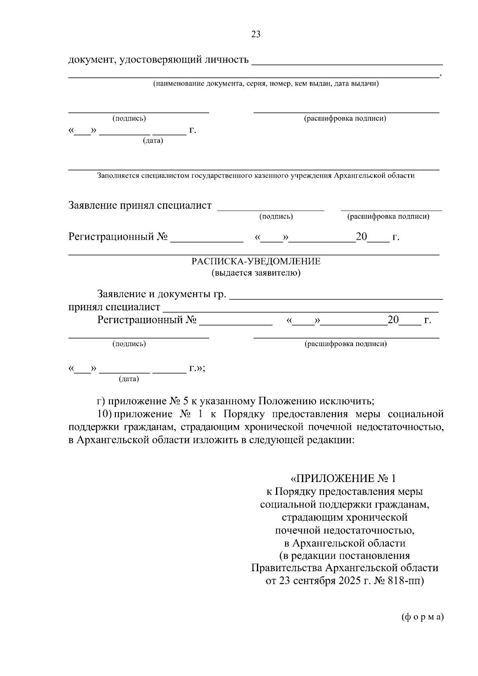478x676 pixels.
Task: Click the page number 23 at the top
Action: (256, 34)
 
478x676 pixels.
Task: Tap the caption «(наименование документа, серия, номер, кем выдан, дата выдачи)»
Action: (266, 84)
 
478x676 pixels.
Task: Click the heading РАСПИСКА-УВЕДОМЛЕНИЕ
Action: (256, 261)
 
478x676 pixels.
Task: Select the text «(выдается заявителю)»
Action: (256, 273)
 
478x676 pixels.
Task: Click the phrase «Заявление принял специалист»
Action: (140, 206)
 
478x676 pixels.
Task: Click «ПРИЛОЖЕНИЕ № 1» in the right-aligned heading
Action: (346, 478)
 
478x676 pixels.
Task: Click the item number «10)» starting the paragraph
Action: (104, 414)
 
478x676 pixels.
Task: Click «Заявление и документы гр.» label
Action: (162, 294)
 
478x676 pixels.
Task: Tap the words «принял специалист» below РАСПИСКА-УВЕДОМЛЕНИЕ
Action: (114, 307)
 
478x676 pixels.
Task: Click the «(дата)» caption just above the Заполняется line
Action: (153, 141)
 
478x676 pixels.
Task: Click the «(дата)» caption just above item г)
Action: (129, 379)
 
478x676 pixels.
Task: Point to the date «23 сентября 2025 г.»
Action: (325, 580)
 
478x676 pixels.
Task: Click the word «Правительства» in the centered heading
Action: (287, 568)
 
